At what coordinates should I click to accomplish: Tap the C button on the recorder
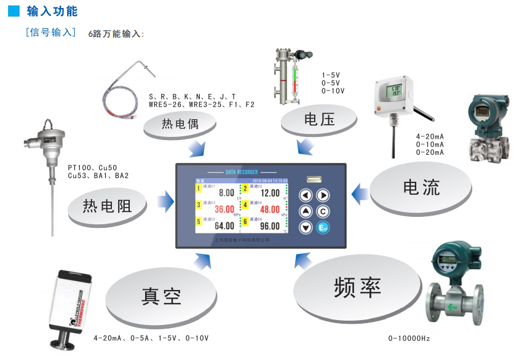322,211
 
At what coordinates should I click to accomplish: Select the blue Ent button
322,228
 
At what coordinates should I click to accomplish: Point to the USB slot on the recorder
314,179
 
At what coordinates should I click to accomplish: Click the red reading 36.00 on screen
224,209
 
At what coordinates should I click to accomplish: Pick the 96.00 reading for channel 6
270,225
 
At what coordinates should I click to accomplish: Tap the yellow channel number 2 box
244,189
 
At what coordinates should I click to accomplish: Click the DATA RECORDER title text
241,172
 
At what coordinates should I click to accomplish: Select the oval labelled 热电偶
180,125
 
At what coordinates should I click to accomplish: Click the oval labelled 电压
319,119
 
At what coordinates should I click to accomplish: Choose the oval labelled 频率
358,288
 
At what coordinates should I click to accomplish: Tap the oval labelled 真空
161,297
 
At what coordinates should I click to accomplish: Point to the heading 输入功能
52,11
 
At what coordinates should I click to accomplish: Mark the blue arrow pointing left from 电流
360,194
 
